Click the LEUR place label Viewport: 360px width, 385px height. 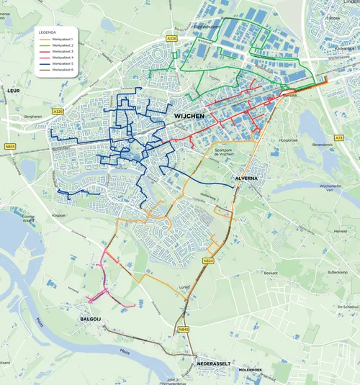(x=13, y=91)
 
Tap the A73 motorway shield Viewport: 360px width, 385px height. (x=339, y=137)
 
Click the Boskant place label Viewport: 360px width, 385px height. (x=271, y=273)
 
